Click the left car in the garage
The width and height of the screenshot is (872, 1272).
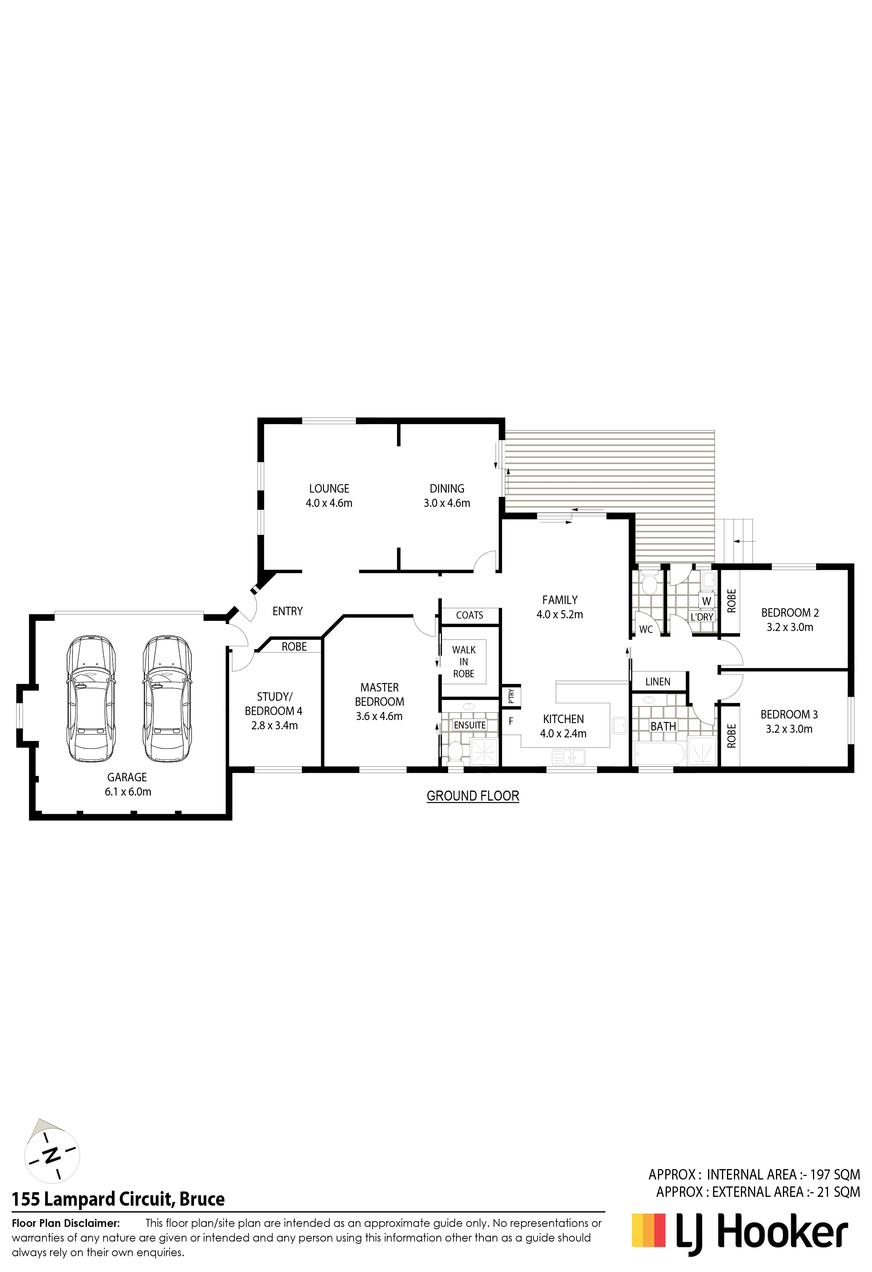[x=91, y=698]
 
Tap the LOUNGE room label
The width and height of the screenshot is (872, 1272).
[x=329, y=489]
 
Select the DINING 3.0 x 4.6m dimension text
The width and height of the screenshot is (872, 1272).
[x=447, y=503]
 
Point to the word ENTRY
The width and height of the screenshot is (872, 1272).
[x=288, y=611]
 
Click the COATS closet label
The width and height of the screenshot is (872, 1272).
[x=469, y=615]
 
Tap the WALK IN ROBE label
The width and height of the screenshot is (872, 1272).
[x=464, y=662]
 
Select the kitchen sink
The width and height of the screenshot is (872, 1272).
[x=569, y=757]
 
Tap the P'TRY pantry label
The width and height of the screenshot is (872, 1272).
[x=511, y=696]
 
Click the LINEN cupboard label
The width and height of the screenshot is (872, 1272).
[x=658, y=681]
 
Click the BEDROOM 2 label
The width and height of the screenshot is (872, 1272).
[x=790, y=613]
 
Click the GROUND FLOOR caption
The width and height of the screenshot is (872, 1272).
[x=473, y=796]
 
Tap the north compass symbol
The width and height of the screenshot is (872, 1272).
[x=52, y=1154]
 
